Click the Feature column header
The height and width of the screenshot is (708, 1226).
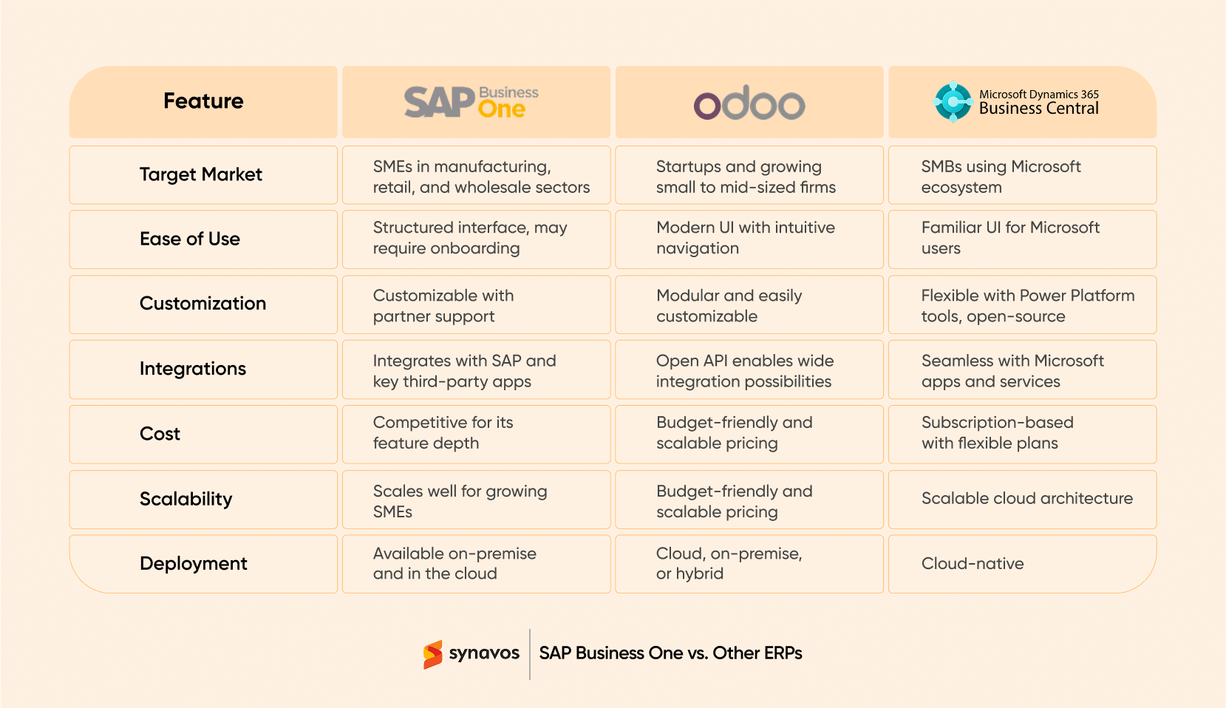point(203,101)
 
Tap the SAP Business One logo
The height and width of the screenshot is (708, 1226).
point(471,102)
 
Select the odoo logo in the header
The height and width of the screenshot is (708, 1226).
point(749,103)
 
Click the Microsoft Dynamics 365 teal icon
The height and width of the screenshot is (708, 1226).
point(953,101)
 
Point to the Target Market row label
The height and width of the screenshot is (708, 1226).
point(201,174)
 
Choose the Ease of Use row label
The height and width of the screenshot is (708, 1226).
point(190,239)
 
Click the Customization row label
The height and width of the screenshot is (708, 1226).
point(202,304)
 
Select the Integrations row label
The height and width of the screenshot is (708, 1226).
point(193,369)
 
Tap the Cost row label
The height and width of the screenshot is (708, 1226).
point(160,434)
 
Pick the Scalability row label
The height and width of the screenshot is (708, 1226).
point(185,499)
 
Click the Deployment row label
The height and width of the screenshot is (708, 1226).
point(194,564)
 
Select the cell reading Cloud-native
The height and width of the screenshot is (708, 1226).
point(973,564)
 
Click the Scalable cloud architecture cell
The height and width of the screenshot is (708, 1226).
point(1026,499)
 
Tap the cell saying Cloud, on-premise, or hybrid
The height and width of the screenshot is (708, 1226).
point(728,563)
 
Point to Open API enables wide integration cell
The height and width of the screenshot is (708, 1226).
point(744,371)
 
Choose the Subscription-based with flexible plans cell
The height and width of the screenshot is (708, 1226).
point(997,433)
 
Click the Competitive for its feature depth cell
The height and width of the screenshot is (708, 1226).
point(442,433)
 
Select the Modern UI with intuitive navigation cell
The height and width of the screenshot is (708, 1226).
point(745,238)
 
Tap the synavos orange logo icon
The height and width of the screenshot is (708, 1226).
point(432,654)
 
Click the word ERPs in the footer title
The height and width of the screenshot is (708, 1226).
point(783,653)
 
